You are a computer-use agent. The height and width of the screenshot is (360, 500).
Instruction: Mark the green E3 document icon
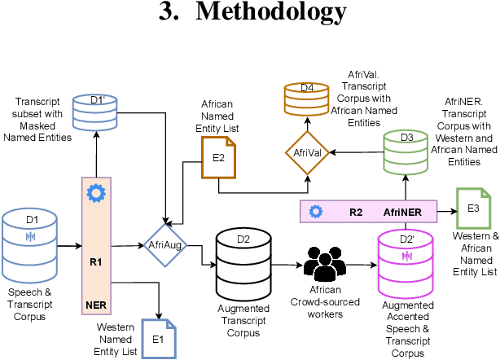(473, 209)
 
